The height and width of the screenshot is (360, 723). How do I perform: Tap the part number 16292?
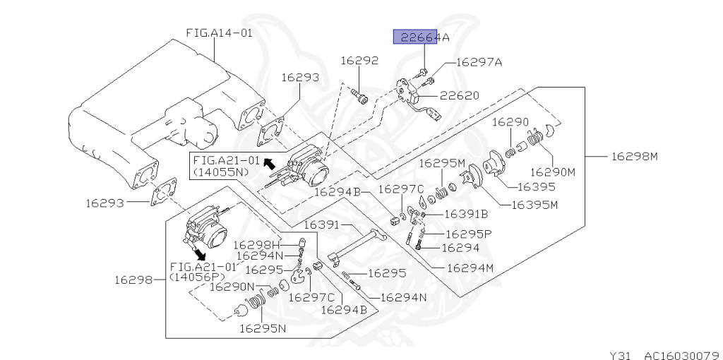coord(359,61)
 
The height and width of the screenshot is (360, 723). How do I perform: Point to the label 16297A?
coord(479,62)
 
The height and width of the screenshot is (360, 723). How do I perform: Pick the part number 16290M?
coord(552,171)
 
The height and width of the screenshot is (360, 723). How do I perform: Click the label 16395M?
coord(534,205)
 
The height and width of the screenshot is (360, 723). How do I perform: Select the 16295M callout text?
coord(442,162)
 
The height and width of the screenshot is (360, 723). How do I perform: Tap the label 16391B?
coord(465,213)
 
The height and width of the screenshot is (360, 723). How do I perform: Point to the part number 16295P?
coord(469,233)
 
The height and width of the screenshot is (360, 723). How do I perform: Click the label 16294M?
coord(469,268)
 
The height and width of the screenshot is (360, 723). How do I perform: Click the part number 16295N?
coord(262,328)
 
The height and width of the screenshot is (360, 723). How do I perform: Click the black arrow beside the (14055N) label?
coord(268,162)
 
